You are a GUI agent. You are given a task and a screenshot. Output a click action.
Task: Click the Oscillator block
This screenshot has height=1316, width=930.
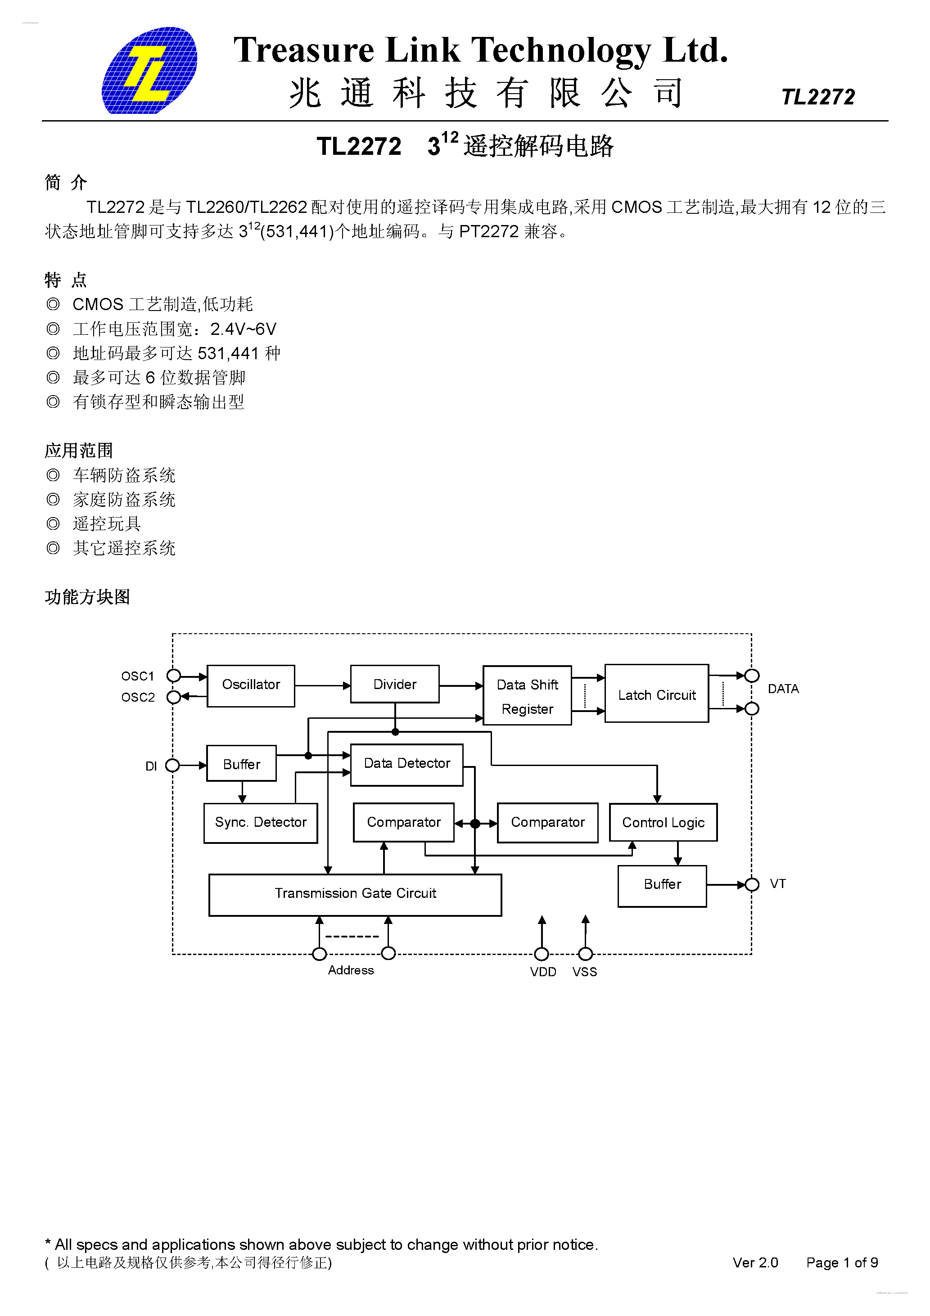(x=251, y=685)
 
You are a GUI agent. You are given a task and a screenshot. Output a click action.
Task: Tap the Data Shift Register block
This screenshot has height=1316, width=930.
(x=527, y=695)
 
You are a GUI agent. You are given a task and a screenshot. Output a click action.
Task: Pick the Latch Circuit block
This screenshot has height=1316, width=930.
(x=656, y=694)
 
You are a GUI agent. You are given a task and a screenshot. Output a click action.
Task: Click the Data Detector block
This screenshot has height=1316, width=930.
(x=406, y=764)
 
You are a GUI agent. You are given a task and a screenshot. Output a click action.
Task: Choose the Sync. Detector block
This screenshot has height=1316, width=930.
(x=260, y=823)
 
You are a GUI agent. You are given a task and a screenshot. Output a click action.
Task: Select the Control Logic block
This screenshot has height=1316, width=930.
(x=663, y=823)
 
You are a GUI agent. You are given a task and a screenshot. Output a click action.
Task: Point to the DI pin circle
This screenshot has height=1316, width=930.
(x=172, y=765)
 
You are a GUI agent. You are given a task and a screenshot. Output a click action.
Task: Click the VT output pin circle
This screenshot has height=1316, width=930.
(x=752, y=884)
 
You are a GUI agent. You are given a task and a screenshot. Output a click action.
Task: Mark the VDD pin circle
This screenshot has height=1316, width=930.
(x=541, y=954)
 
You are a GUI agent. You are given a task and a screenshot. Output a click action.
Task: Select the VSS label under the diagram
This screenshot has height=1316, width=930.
(x=584, y=972)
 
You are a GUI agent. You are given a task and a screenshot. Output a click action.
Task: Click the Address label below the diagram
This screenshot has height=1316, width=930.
(x=350, y=970)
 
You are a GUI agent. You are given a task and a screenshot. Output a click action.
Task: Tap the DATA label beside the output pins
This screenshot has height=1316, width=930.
(x=783, y=688)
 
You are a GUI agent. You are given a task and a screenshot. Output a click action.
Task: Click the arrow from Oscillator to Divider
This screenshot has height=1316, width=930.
(x=322, y=685)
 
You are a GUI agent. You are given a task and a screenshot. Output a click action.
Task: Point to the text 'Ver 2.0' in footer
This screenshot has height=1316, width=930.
(x=755, y=1263)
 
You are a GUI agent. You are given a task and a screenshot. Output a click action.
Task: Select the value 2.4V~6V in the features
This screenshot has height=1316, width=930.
(x=243, y=329)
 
